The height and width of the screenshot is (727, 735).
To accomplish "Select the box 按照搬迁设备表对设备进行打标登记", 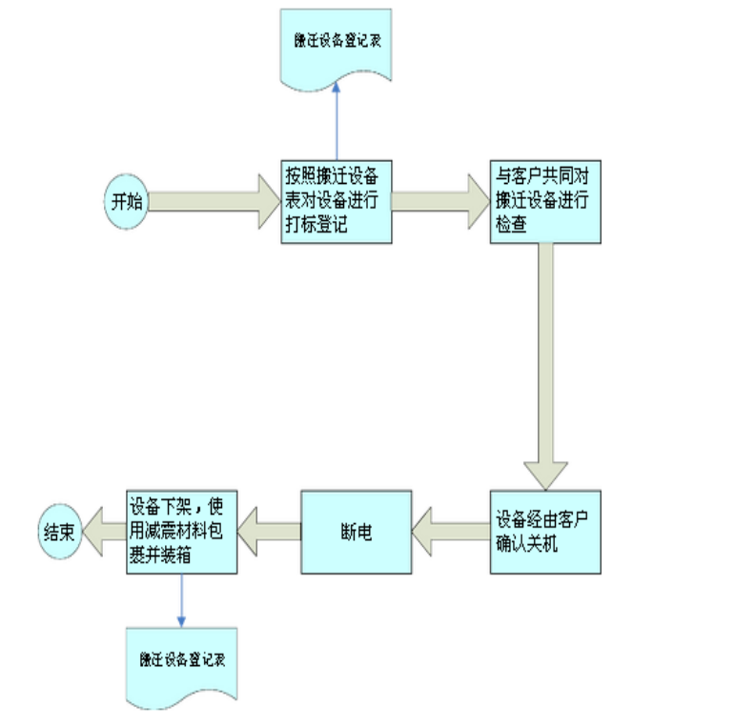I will pos(337,201).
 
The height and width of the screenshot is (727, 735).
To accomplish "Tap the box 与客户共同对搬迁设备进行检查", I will pos(545,201).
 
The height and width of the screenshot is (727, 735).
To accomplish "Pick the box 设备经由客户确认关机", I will pos(545,532).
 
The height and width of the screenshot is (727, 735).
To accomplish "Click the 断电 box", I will pos(356,532).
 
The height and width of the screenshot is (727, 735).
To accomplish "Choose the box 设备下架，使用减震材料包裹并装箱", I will pos(181,532).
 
